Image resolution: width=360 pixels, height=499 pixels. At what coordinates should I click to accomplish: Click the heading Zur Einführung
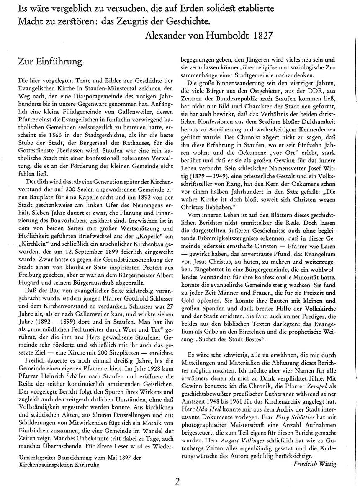pos(50,61)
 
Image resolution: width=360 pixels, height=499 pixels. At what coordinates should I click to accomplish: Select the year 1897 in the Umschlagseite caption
pos(126,458)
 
